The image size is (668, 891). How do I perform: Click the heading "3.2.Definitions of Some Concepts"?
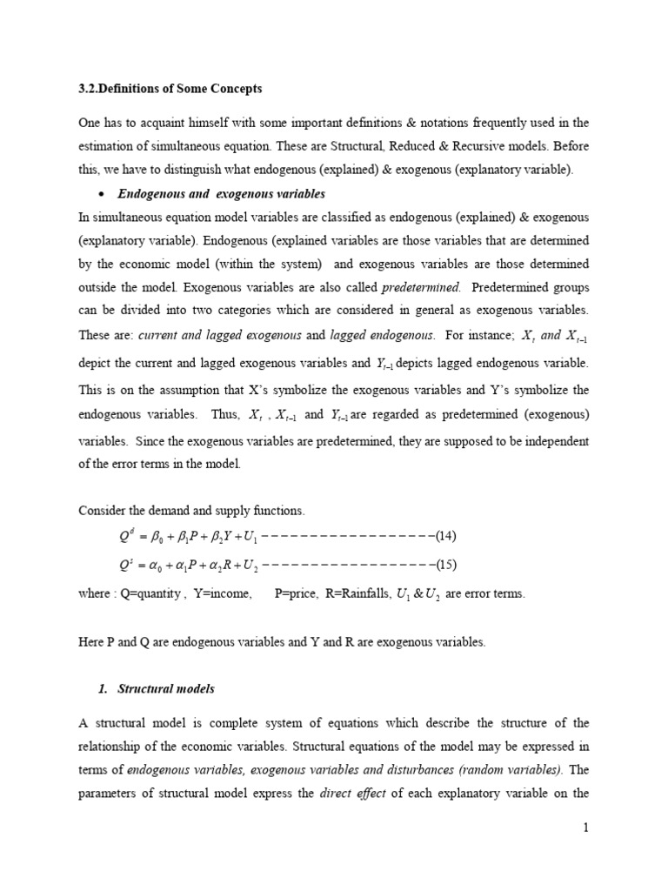pyautogui.click(x=170, y=89)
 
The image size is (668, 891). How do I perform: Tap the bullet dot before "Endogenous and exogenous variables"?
pyautogui.click(x=104, y=194)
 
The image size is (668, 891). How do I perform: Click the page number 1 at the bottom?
pyautogui.click(x=586, y=827)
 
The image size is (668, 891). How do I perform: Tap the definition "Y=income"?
pyautogui.click(x=219, y=593)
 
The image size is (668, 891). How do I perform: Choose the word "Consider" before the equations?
pyautogui.click(x=102, y=509)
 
